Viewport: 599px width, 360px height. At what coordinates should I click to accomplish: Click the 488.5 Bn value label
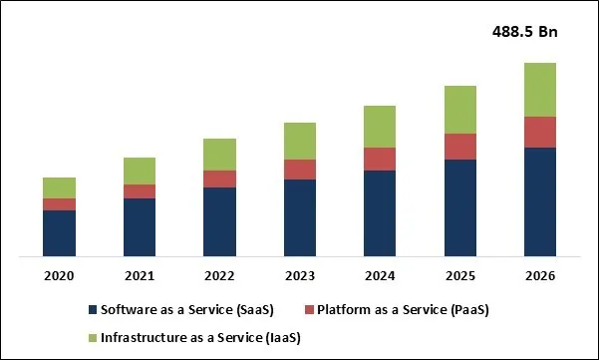click(526, 32)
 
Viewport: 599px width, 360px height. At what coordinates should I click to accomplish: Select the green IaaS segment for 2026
click(539, 90)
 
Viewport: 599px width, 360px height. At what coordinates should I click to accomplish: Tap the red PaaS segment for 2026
click(539, 132)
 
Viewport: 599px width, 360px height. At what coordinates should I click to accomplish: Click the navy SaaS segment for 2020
click(59, 233)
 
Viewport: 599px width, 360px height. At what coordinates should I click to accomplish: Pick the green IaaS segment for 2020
click(59, 187)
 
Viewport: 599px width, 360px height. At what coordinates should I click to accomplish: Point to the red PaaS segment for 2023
click(300, 170)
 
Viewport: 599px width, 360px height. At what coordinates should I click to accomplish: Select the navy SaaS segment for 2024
click(380, 213)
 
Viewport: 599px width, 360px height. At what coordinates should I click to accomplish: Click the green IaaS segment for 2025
click(459, 110)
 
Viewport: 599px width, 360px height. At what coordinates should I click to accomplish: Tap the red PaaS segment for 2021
click(140, 191)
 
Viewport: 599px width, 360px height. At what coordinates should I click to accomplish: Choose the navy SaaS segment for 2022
click(219, 222)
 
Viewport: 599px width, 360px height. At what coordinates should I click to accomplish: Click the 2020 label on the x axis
click(59, 275)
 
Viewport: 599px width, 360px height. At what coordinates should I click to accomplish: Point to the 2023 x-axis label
click(300, 275)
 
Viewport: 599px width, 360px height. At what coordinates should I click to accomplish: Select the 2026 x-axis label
click(539, 275)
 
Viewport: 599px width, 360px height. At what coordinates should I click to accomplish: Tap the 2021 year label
click(140, 275)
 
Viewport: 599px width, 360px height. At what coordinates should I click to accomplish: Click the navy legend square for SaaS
click(94, 310)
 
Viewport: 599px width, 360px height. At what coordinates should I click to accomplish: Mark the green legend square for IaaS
click(94, 337)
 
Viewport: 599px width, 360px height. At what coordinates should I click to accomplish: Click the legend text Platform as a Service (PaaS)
click(405, 310)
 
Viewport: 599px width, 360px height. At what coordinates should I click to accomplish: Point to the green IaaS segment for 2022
click(219, 155)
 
